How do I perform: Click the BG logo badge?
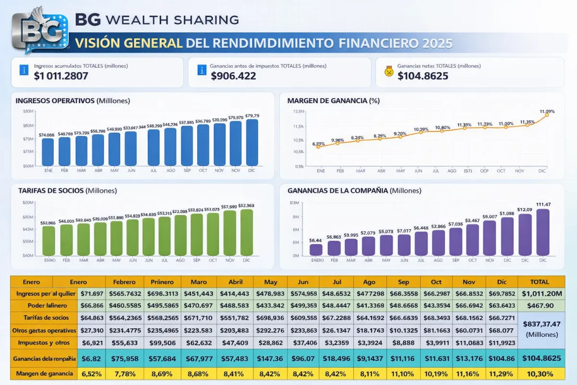click(x=37, y=31)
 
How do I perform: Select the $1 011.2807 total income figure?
click(x=61, y=76)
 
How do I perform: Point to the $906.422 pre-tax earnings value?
click(x=233, y=76)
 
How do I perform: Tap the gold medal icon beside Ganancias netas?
click(x=389, y=71)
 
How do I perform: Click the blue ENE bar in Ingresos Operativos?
click(x=48, y=152)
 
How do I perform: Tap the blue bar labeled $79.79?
click(x=252, y=142)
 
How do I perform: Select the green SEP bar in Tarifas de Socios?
click(x=197, y=234)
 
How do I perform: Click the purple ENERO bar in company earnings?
click(x=316, y=250)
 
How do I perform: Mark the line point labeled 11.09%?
click(x=547, y=115)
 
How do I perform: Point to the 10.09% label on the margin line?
click(x=421, y=129)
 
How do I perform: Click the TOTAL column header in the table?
click(x=539, y=282)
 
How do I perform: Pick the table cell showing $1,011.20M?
click(x=539, y=294)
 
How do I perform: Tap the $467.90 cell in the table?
click(x=539, y=306)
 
